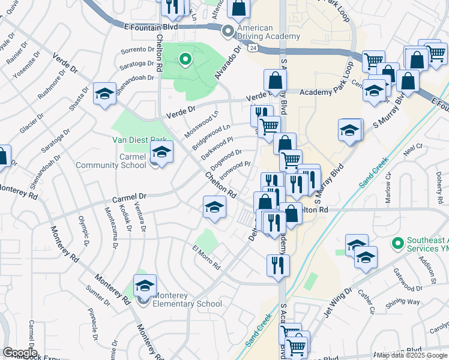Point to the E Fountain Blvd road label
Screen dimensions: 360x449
[152, 27]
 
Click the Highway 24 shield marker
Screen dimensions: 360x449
[254, 47]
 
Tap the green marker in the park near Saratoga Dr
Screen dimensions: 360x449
[185, 59]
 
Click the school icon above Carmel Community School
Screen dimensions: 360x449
[161, 152]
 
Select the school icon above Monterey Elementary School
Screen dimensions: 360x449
[144, 286]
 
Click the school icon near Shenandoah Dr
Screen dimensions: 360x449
[104, 94]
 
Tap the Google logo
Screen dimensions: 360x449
[20, 353]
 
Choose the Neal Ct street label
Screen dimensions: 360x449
[414, 146]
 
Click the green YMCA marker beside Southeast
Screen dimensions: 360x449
[396, 244]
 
